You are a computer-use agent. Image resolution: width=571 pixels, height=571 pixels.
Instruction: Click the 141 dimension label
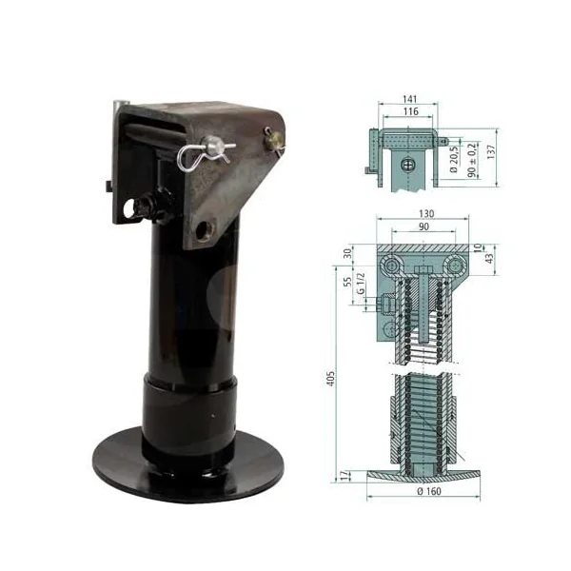click(x=410, y=99)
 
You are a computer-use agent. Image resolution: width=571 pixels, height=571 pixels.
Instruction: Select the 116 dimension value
click(x=411, y=111)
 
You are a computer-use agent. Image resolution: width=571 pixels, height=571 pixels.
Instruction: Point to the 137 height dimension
click(x=491, y=152)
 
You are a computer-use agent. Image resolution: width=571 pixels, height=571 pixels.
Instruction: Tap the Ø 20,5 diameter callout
click(x=454, y=160)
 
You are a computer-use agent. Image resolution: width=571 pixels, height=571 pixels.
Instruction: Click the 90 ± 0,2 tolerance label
click(x=472, y=160)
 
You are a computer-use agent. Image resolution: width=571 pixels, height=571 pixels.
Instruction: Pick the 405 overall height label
click(x=330, y=379)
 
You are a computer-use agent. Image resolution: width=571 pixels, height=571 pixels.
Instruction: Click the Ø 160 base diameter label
click(x=429, y=491)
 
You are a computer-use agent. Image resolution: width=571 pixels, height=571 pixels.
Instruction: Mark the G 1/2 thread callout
click(x=361, y=283)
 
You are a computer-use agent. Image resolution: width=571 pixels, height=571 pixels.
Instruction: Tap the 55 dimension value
click(x=347, y=282)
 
